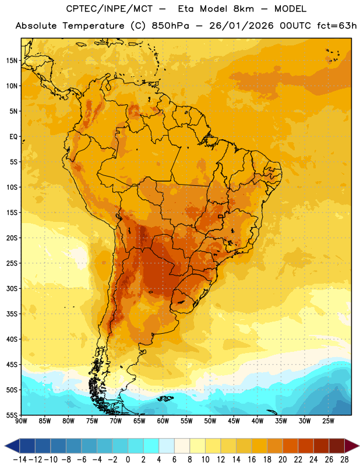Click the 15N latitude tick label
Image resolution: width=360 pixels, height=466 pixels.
pyautogui.click(x=12, y=61)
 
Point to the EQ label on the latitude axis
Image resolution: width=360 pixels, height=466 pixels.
pyautogui.click(x=13, y=137)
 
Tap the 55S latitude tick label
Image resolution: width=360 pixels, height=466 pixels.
pyautogui.click(x=12, y=415)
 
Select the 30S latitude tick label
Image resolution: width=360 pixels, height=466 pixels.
pyautogui.click(x=12, y=288)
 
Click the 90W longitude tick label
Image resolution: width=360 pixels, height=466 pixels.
pyautogui.click(x=22, y=421)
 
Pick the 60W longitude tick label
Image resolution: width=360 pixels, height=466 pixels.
pyautogui.click(x=163, y=421)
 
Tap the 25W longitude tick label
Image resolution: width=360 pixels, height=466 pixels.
pyautogui.click(x=328, y=421)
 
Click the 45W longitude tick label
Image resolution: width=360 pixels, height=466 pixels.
pyautogui.click(x=234, y=421)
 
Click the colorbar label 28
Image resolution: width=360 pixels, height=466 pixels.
pyautogui.click(x=344, y=460)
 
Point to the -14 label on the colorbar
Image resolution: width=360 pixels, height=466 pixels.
pyautogui.click(x=20, y=460)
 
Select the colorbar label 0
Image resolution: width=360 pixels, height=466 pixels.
pyautogui.click(x=128, y=460)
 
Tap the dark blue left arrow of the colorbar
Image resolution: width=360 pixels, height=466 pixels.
pyautogui.click(x=12, y=446)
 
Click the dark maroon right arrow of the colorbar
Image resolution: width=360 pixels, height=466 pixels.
pyautogui.click(x=352, y=446)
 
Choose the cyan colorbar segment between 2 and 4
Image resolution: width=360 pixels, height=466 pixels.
pyautogui.click(x=151, y=446)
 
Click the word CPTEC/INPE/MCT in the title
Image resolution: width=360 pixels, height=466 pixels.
pyautogui.click(x=110, y=9)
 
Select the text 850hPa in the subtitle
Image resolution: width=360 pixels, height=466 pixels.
pyautogui.click(x=170, y=26)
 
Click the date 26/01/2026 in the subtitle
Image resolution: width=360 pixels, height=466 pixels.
pyautogui.click(x=241, y=26)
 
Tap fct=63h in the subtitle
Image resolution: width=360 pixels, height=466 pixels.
pyautogui.click(x=337, y=26)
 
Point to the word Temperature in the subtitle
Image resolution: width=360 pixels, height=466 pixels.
pyautogui.click(x=93, y=26)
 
